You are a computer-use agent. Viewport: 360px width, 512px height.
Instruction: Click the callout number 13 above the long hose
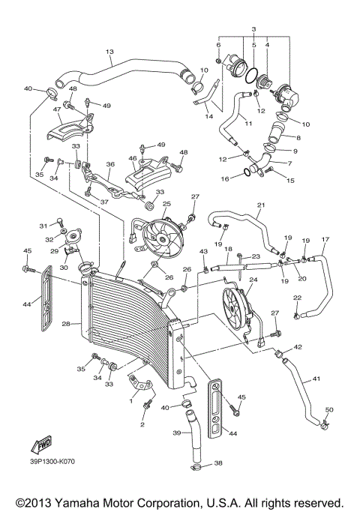[x=109, y=52]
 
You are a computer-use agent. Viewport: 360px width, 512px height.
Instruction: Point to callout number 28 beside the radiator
[x=66, y=324]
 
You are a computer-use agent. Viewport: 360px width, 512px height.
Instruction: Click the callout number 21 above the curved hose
[x=261, y=205]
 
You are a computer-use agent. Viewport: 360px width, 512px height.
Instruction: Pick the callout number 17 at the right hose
[x=325, y=241]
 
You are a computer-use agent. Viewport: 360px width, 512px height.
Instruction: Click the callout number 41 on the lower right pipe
[x=316, y=379]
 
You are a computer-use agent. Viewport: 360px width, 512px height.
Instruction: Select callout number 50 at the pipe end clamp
[x=328, y=409]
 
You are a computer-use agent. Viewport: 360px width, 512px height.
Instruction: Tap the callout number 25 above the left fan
[x=166, y=204]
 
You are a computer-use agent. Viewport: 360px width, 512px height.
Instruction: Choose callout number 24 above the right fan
[x=253, y=280]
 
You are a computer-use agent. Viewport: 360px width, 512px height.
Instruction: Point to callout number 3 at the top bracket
[x=253, y=28]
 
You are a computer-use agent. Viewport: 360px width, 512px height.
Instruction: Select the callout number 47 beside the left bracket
[x=57, y=109]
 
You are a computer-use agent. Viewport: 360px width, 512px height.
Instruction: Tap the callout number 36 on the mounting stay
[x=109, y=164]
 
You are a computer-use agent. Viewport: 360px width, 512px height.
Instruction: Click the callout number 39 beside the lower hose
[x=178, y=433]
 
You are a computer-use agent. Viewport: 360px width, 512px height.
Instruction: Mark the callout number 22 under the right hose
[x=297, y=298]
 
